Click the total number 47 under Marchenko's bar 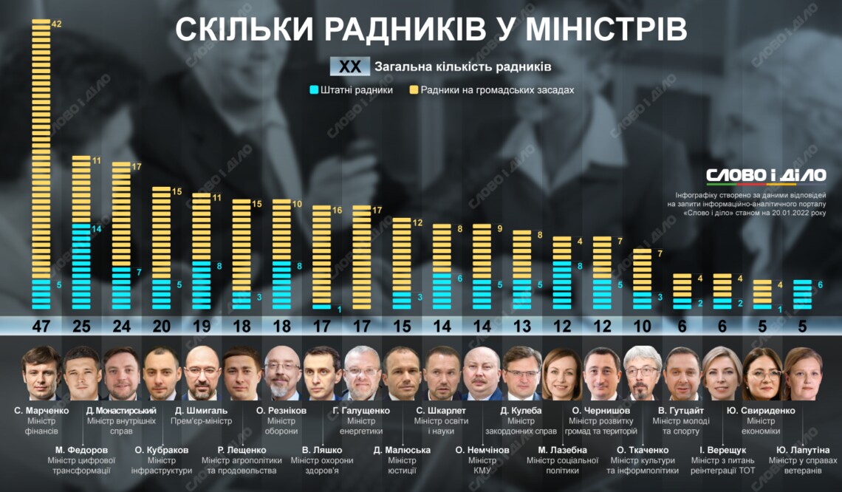click(41, 326)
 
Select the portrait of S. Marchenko click(41, 373)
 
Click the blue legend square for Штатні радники click(314, 90)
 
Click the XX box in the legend click(350, 66)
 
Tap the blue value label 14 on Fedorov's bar click(97, 229)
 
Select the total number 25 click(81, 326)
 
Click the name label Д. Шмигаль click(202, 410)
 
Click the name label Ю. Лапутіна click(803, 449)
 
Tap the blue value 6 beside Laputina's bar click(820, 284)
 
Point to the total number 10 click(643, 326)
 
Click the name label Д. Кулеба click(521, 410)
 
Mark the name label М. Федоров click(81, 449)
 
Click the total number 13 click(522, 326)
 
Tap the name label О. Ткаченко click(643, 449)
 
